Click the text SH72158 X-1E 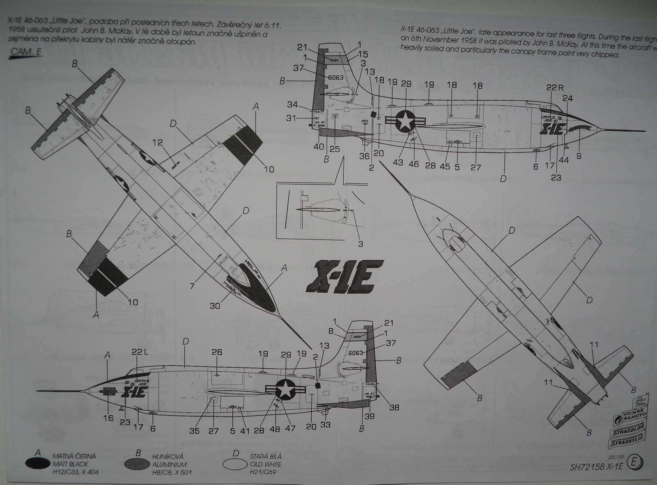597,467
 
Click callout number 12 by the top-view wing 158,143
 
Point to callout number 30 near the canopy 215,305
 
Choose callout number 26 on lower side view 216,352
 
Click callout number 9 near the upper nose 579,156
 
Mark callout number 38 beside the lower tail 394,407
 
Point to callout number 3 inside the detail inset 360,244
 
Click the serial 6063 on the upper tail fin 336,77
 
